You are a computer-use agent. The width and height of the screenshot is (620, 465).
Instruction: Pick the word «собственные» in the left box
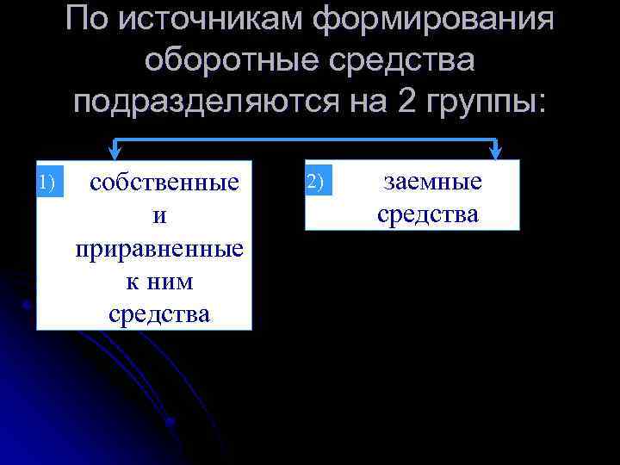164,183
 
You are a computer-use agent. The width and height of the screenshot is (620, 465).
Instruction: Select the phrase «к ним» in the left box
159,282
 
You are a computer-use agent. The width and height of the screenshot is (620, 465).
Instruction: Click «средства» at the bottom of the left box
159,314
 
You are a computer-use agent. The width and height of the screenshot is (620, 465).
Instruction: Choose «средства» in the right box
428,214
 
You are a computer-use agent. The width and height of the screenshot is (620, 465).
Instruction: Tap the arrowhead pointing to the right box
497,152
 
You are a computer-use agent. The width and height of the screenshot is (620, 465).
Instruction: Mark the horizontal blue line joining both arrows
306,140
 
